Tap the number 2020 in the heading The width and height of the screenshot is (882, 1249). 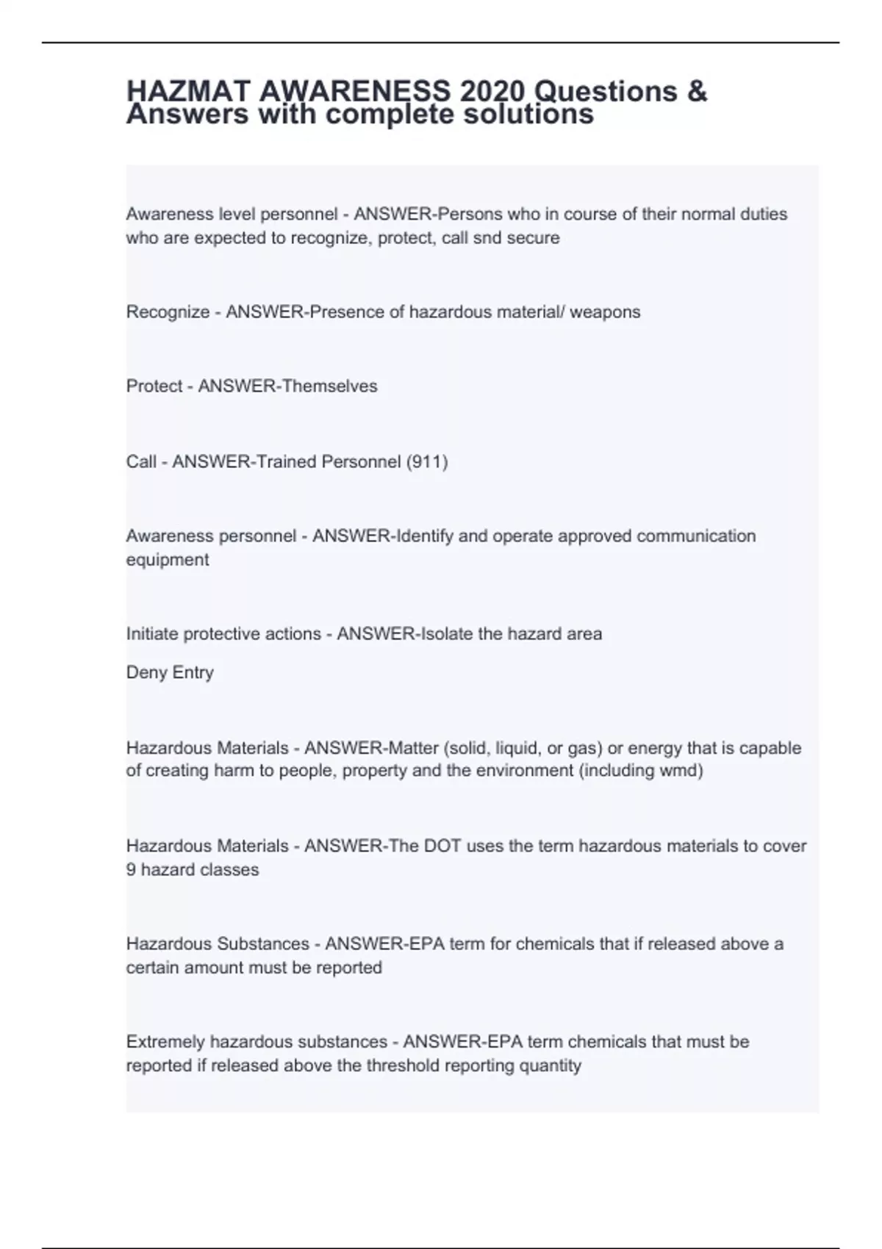pos(492,92)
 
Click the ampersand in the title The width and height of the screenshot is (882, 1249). pos(698,92)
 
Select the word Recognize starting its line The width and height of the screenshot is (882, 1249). pos(168,312)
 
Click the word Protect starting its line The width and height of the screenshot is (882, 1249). pos(154,386)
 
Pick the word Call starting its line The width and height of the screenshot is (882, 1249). pos(140,462)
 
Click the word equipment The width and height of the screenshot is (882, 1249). pos(168,560)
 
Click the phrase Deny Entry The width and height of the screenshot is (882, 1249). pos(170,672)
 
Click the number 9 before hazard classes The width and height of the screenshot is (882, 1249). pos(131,870)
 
